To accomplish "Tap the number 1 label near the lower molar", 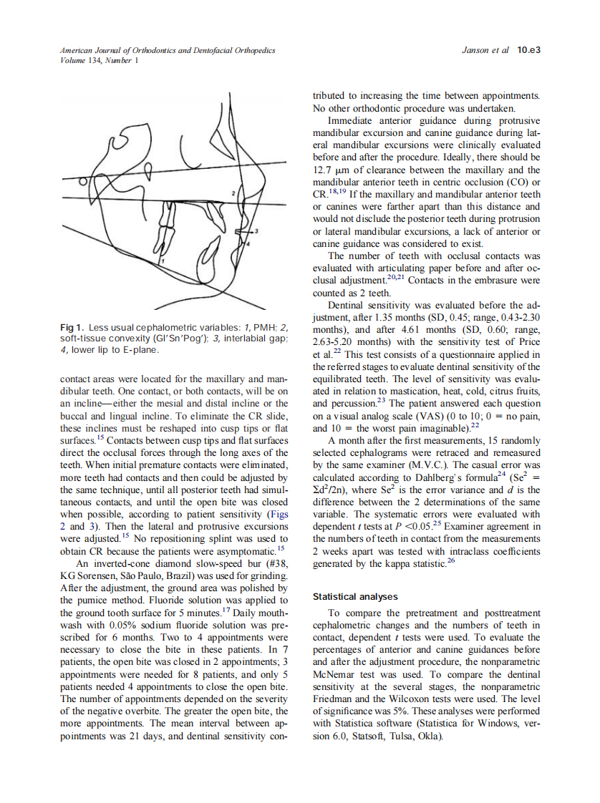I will point(162,262).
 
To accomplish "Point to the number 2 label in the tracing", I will point(233,193).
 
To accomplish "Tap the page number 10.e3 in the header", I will point(528,51).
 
